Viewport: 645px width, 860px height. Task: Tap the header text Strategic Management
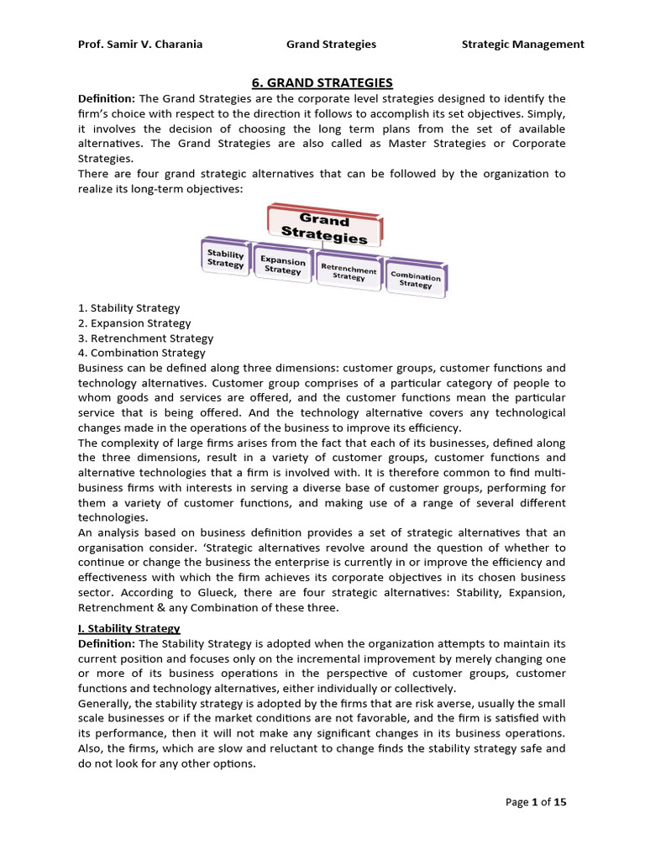[522, 44]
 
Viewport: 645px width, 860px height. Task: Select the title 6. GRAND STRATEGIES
[322, 82]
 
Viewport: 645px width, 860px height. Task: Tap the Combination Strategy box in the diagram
[415, 279]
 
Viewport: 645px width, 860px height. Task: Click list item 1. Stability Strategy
[128, 308]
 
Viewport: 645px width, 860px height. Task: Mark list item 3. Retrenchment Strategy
[145, 338]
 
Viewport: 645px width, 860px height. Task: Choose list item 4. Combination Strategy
[141, 354]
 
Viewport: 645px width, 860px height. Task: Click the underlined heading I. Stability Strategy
[128, 628]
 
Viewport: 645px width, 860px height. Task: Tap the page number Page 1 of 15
[536, 802]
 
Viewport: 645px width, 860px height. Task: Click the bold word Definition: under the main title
[107, 98]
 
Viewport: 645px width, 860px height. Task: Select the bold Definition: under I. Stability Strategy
[107, 643]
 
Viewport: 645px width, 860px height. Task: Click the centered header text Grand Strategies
[331, 44]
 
